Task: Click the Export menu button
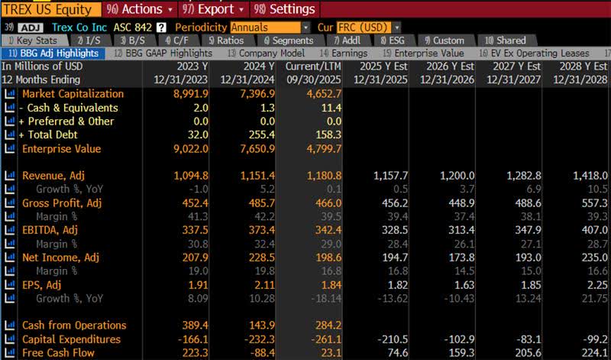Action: point(214,9)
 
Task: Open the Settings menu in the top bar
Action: point(285,9)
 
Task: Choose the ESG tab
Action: point(393,41)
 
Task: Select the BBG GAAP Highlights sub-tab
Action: point(163,53)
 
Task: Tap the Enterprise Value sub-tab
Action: point(424,53)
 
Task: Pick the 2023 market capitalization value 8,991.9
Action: point(190,94)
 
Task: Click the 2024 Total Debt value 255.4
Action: point(261,135)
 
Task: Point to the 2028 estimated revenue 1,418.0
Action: point(590,176)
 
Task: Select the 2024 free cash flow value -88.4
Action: point(260,353)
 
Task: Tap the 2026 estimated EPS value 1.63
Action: point(464,285)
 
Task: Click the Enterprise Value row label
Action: point(61,149)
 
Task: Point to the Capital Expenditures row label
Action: point(71,339)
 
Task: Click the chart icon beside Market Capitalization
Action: point(10,94)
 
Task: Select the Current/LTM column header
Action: point(313,66)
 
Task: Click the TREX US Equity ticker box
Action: point(47,9)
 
